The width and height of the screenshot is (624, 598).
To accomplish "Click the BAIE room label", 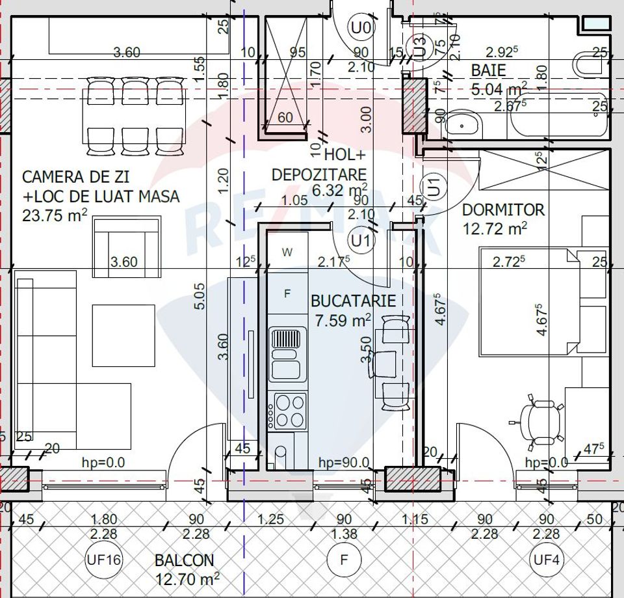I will point(489,70).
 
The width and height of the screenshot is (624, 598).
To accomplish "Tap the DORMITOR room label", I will point(503,210).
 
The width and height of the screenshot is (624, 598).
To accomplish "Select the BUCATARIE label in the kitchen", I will point(353,301).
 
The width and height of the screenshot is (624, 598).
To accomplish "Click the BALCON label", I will point(184,560).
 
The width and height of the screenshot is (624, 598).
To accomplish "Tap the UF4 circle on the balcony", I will point(547,559).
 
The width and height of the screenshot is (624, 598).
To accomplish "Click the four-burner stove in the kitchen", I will point(289,411).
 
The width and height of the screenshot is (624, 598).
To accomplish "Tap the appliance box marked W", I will point(287,252).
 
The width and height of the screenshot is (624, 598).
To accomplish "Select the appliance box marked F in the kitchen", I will point(287,293).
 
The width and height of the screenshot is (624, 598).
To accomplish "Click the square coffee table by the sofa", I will point(123,336).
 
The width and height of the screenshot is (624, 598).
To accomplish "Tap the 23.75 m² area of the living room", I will point(55,216).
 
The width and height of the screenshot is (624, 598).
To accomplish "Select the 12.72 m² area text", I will point(495,228).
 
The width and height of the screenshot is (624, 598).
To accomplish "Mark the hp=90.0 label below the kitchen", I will point(344,463).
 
